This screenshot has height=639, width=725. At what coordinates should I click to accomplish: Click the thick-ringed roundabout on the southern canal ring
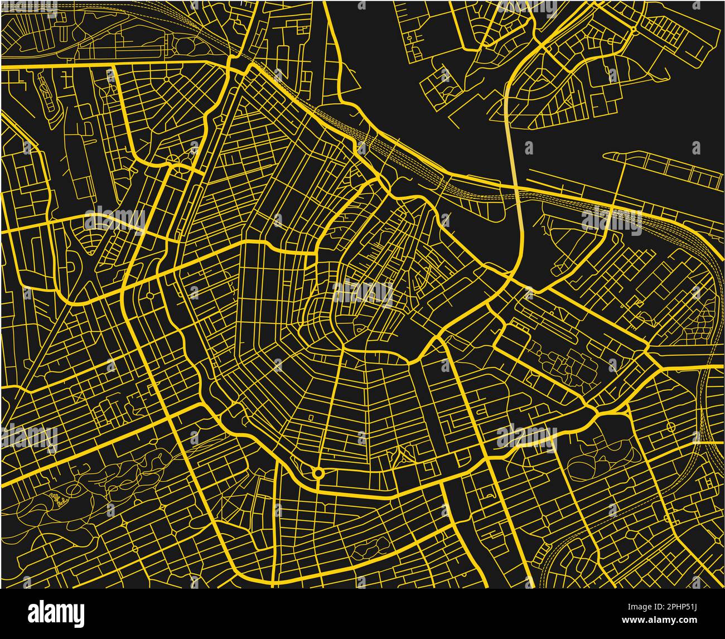pyautogui.click(x=318, y=473)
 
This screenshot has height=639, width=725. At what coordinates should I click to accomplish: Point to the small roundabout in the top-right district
pyautogui.click(x=634, y=29)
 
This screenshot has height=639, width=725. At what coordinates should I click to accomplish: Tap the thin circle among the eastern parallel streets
pyautogui.click(x=669, y=427)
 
